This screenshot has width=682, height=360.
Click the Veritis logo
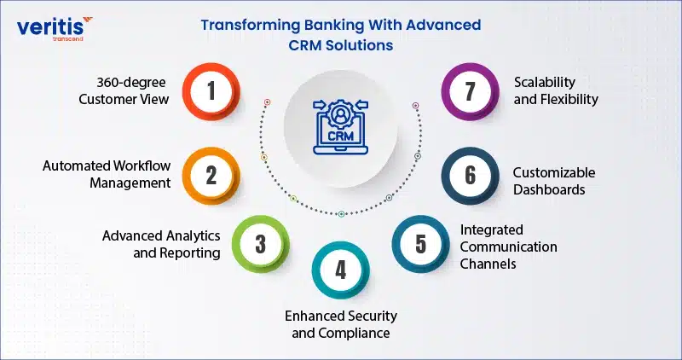click(55, 28)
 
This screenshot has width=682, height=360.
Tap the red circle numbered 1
click(211, 91)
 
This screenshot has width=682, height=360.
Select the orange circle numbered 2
click(211, 176)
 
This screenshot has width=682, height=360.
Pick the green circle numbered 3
click(260, 244)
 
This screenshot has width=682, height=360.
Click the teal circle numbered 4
click(340, 270)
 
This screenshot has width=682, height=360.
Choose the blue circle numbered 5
click(420, 244)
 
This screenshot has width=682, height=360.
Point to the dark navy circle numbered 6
click(471, 176)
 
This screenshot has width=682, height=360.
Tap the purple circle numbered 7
click(471, 91)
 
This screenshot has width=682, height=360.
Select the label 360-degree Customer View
click(124, 91)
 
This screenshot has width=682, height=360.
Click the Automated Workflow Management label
click(107, 174)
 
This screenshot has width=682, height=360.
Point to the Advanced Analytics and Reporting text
click(161, 244)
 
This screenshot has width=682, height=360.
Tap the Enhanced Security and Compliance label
click(341, 324)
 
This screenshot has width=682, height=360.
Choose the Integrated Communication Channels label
click(508, 247)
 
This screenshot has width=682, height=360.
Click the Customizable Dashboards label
click(554, 181)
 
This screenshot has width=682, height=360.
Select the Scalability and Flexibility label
click(556, 91)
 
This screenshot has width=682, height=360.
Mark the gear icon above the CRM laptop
click(340, 114)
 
